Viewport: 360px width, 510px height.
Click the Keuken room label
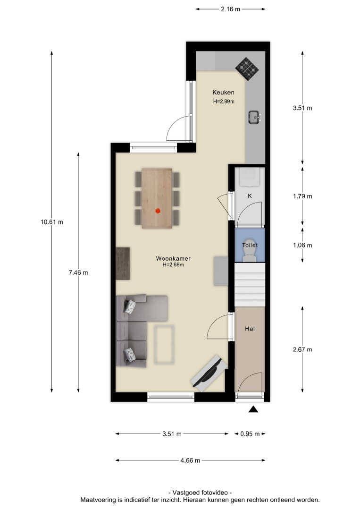(223, 93)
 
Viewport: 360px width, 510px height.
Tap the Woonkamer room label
(173, 259)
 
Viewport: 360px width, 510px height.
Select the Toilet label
(250, 245)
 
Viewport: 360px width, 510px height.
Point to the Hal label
(250, 329)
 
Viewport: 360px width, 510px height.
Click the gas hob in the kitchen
(247, 69)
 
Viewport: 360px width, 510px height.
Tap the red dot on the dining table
(158, 211)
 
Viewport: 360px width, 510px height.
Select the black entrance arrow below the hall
(253, 409)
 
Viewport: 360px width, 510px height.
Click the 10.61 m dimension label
(52, 222)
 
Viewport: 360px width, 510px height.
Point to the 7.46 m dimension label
(78, 273)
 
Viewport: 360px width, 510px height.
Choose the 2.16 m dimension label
(231, 9)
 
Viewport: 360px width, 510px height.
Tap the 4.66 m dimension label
(191, 460)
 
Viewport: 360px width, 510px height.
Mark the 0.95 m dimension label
(250, 434)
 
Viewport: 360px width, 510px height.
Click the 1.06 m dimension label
(302, 245)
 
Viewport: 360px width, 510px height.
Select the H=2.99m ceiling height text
(224, 101)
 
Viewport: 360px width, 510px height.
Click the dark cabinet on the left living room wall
(123, 263)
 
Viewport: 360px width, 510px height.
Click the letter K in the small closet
(250, 196)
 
